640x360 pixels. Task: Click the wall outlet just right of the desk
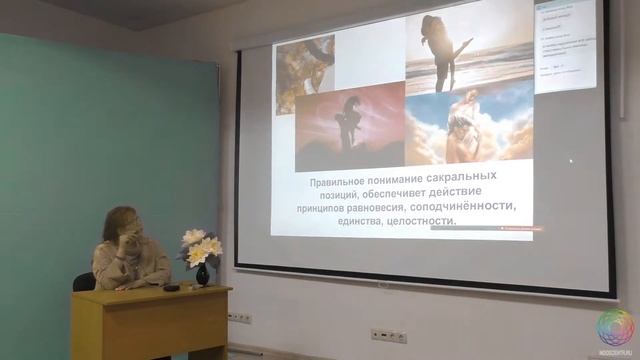pyautogui.click(x=238, y=317)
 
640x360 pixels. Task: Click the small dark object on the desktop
pyautogui.click(x=171, y=288)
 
